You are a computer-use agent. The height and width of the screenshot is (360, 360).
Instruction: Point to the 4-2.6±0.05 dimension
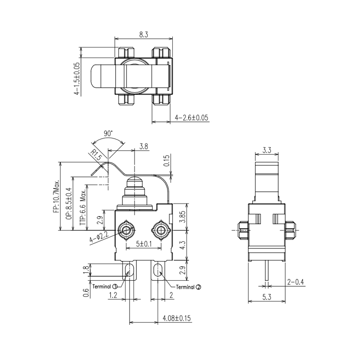pos(192,118)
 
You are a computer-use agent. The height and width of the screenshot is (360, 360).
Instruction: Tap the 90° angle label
pos(108,134)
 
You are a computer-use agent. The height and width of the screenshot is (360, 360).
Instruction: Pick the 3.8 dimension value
pos(144,146)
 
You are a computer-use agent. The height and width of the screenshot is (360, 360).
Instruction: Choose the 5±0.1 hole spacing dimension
pos(144,244)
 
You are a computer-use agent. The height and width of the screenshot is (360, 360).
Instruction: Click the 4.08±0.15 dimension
pos(176,318)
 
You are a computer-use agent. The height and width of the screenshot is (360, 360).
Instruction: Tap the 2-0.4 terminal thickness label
pos(295,282)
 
